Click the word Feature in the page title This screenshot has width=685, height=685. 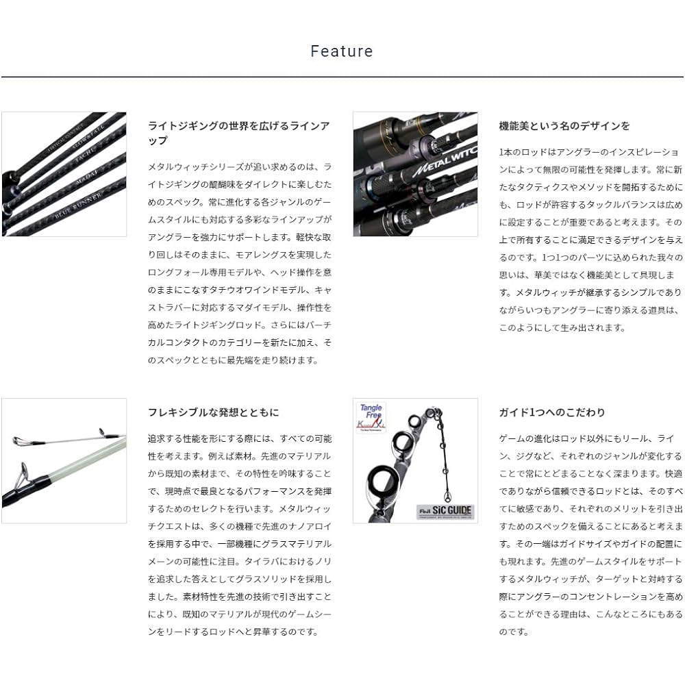click(342, 51)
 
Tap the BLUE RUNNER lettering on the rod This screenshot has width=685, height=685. click(79, 206)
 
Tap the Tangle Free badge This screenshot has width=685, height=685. click(371, 417)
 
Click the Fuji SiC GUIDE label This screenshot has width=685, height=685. click(445, 512)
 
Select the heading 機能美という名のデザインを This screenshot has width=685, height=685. click(564, 126)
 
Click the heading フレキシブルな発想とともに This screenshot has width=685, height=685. click(213, 412)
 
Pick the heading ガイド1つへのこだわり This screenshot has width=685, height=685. click(552, 412)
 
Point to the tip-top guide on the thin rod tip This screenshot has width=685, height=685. click(18, 440)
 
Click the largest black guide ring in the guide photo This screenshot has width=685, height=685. click(381, 481)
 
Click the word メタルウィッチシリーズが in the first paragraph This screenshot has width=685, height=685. click(200, 167)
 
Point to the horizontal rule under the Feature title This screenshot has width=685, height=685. click(342, 77)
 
